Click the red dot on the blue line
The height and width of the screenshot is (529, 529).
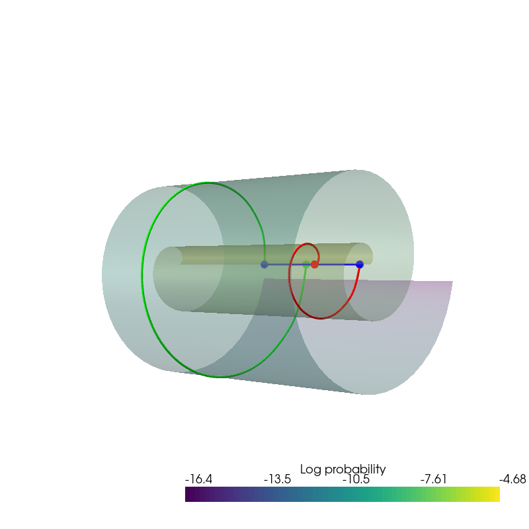tap(315, 264)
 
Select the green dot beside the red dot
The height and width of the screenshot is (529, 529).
tap(306, 264)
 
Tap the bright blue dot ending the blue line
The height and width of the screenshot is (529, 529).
tap(360, 264)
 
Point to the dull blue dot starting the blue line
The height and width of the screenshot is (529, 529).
tap(264, 264)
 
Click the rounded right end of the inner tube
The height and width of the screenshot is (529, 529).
tap(368, 254)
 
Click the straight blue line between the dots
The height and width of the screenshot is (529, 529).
tap(337, 264)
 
